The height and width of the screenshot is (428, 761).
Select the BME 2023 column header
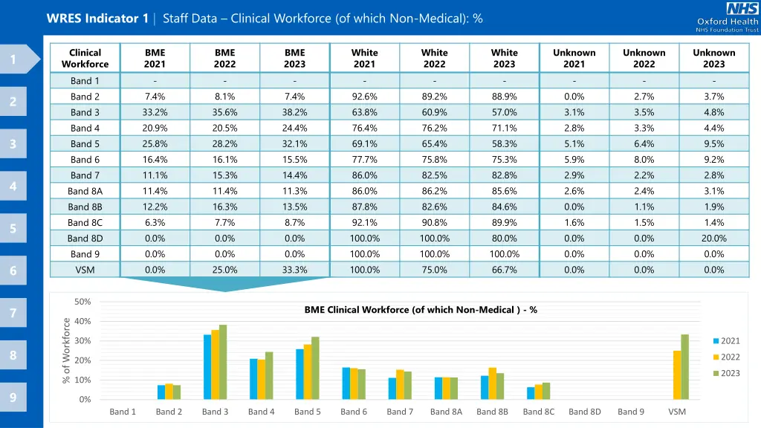click(x=294, y=59)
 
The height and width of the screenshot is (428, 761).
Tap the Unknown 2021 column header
click(x=574, y=59)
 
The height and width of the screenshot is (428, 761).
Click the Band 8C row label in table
click(x=85, y=223)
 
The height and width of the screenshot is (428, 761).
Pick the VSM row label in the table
click(x=85, y=270)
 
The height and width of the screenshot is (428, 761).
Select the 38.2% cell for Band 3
click(x=294, y=112)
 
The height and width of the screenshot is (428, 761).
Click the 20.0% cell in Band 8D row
click(x=713, y=239)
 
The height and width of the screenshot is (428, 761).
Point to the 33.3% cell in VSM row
click(x=294, y=270)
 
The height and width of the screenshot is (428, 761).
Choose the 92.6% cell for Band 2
click(x=364, y=97)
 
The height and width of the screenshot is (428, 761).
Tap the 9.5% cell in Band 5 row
click(x=713, y=143)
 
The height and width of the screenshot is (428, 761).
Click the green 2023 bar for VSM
click(x=684, y=367)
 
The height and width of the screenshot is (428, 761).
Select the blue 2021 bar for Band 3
click(x=207, y=367)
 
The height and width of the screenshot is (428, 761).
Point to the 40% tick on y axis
click(x=83, y=321)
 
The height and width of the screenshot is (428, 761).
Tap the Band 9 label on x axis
click(x=631, y=412)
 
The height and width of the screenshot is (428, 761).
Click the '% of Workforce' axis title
click(x=66, y=351)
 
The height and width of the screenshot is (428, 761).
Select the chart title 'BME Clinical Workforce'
click(x=421, y=310)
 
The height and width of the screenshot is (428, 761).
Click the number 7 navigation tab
click(x=13, y=314)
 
